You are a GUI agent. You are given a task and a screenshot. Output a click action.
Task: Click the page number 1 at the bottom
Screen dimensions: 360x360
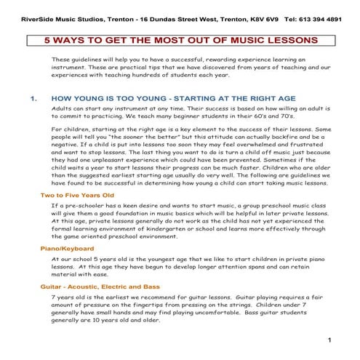(x=329, y=340)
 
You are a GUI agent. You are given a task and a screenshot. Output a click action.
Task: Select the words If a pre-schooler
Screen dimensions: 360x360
(x=81, y=207)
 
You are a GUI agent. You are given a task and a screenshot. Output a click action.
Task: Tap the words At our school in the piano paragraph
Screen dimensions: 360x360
(x=76, y=258)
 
